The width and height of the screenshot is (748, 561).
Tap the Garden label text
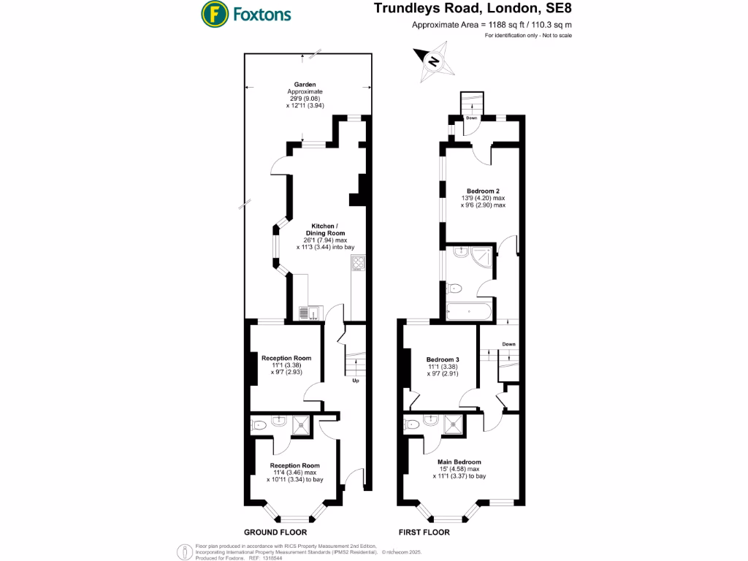(305, 85)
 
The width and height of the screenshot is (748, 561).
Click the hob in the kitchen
(359, 263)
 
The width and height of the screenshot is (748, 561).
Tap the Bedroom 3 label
(443, 359)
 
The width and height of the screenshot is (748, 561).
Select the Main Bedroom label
(459, 462)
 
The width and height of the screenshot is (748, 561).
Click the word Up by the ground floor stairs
(356, 381)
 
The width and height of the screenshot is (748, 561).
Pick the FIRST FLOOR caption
(424, 533)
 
